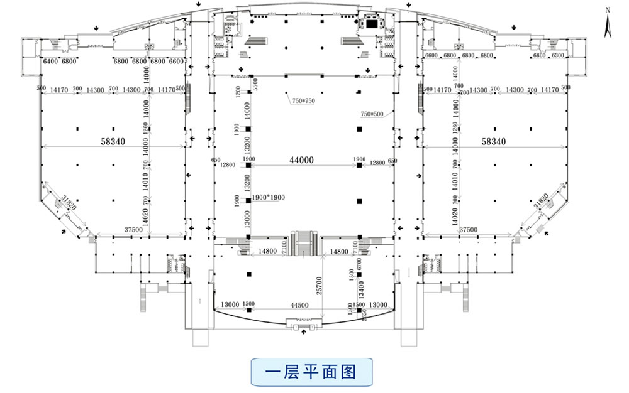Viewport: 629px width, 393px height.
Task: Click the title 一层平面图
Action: [311, 372]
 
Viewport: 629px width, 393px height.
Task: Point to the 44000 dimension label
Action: [301, 161]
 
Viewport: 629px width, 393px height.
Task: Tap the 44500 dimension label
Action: [299, 305]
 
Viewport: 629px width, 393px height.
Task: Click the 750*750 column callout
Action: [304, 101]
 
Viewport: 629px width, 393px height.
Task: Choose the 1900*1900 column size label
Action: [268, 197]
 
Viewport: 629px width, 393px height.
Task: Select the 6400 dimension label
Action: [50, 61]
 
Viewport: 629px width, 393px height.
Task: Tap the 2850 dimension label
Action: [364, 316]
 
